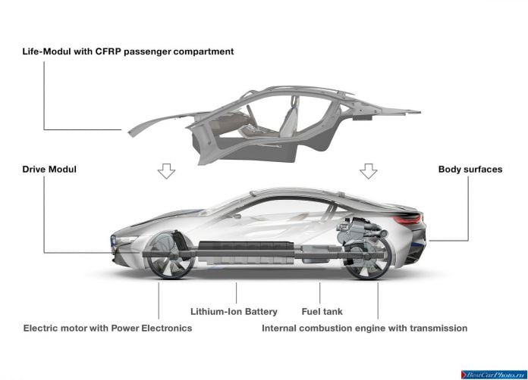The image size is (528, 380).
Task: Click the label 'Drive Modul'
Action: click(49, 169)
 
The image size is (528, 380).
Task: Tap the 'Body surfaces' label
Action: click(470, 169)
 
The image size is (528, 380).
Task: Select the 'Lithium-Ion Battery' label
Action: click(234, 311)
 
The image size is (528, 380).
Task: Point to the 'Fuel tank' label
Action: click(322, 311)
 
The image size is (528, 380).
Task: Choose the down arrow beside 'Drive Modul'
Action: click(166, 171)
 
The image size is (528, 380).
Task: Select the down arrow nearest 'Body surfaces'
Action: click(369, 171)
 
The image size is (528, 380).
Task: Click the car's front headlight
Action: click(125, 240)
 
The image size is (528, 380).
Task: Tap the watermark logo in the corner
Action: click(493, 375)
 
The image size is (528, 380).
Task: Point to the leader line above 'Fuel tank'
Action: click(319, 293)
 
